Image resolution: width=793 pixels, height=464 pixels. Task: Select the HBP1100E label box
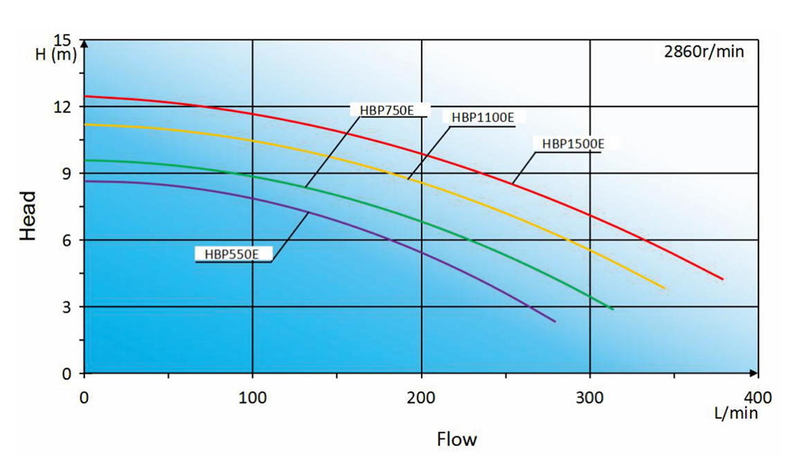pos(483,117)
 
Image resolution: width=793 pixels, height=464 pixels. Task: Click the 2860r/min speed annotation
pos(704,52)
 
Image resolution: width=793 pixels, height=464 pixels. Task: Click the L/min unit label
pos(736,413)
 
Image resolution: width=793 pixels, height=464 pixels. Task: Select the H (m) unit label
pos(55,55)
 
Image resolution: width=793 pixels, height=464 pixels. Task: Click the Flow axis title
pos(456,439)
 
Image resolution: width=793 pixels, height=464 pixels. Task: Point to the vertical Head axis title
pos(28,216)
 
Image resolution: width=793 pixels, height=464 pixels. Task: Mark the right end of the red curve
pos(722,279)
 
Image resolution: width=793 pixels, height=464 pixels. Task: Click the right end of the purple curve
pos(555,321)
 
